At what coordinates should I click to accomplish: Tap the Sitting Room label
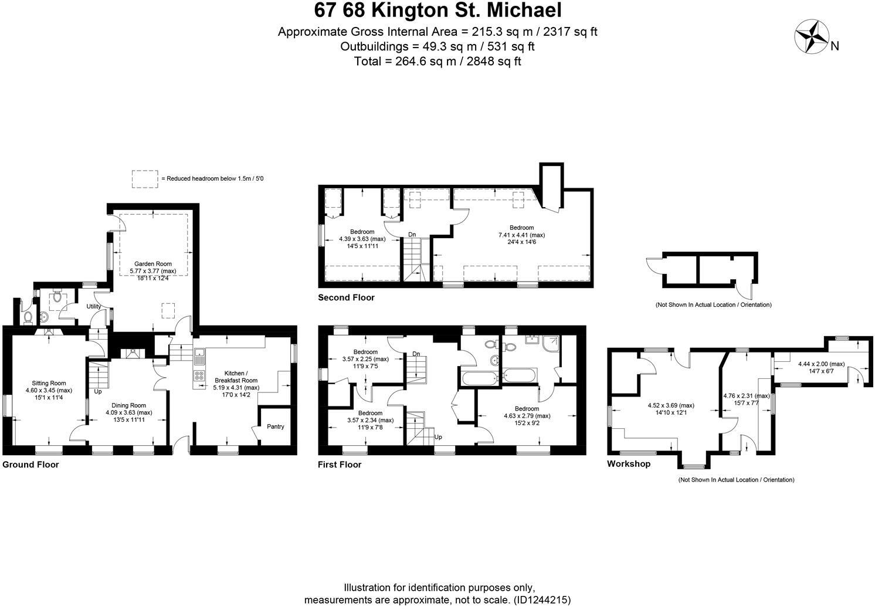[x=49, y=383]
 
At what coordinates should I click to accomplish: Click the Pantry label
[x=275, y=426]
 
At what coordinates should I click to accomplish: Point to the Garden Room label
[x=152, y=264]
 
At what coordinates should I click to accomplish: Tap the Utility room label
[x=94, y=306]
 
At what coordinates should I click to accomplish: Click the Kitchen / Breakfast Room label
[x=236, y=377]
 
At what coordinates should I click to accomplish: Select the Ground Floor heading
[x=30, y=465]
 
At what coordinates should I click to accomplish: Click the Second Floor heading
[x=346, y=297]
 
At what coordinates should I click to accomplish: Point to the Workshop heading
[x=628, y=464]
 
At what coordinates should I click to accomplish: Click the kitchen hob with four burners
[x=199, y=375]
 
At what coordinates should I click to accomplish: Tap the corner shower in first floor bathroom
[x=551, y=343]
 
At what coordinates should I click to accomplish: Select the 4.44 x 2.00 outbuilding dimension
[x=821, y=364]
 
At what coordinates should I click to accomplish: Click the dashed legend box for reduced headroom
[x=145, y=179]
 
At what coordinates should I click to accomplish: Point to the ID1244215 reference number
[x=542, y=600]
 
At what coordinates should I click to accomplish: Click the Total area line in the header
[x=437, y=61]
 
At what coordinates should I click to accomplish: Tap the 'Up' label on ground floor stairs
[x=97, y=391]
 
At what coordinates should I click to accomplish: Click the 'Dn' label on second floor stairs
[x=412, y=235]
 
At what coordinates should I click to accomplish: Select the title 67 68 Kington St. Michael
[x=437, y=11]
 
